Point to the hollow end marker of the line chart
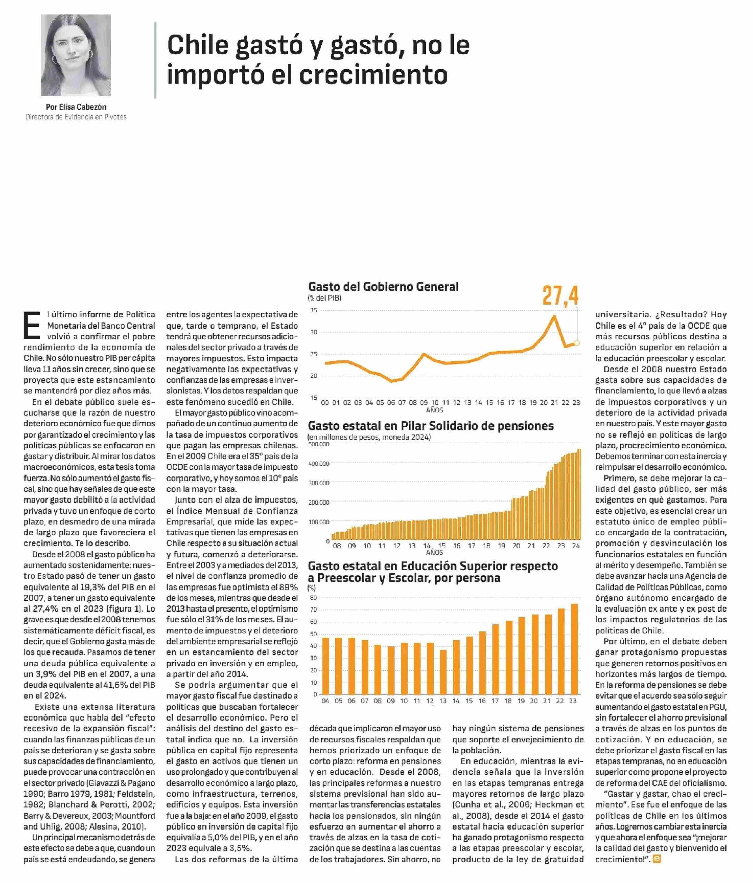[577, 343]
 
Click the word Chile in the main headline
[194, 46]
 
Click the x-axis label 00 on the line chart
[325, 403]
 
